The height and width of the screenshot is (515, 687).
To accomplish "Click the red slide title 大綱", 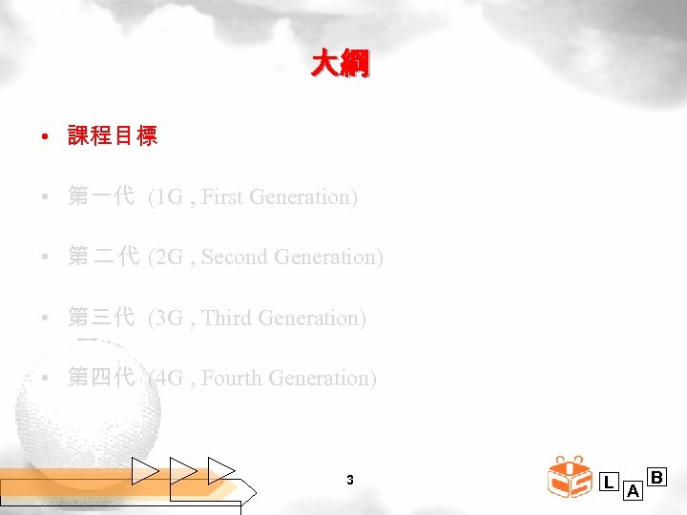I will pos(341,65).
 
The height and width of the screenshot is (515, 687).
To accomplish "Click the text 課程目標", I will pos(112,136).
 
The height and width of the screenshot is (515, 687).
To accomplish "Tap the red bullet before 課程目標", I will pos(46,137).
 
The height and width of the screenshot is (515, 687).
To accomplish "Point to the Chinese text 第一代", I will pos(101,197).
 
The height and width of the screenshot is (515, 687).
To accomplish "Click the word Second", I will pos(235,257).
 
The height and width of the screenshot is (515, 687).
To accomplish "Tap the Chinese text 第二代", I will pos(104,257).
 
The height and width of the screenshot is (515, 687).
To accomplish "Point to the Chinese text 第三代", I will pos(101,319).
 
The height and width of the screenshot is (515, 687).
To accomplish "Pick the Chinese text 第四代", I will pos(101,379).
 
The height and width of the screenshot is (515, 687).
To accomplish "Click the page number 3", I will pos(350,480).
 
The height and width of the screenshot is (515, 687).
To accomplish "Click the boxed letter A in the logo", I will pos(633,492).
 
